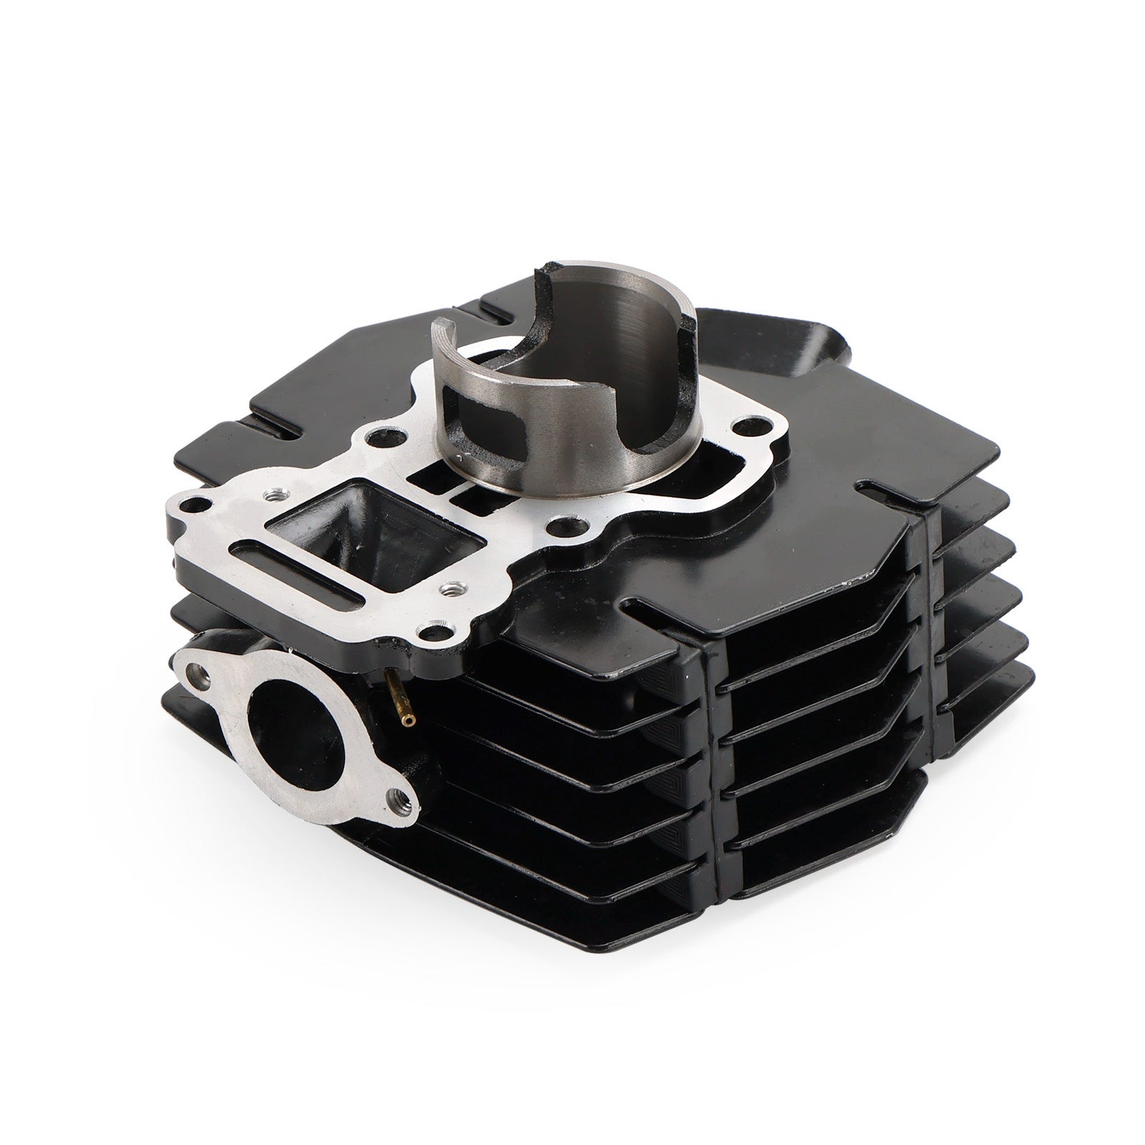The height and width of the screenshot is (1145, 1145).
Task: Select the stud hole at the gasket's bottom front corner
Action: coord(430,629)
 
